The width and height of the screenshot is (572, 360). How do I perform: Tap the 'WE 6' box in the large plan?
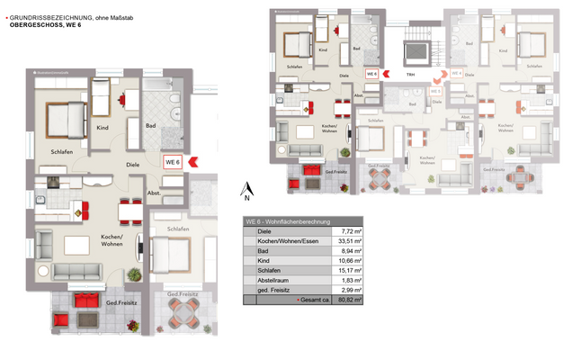click(173, 161)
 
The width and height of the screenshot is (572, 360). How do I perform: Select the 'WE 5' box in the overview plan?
click(435, 90)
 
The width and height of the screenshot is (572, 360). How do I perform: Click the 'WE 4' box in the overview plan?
click(456, 74)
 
